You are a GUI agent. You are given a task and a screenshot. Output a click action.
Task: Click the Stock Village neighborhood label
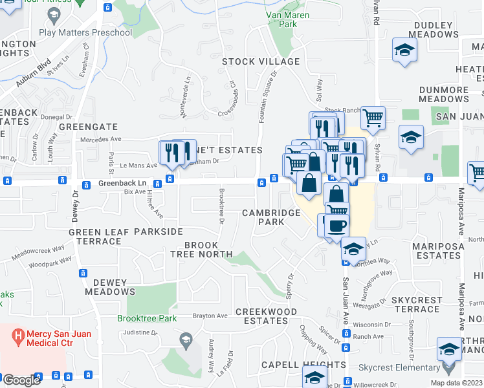pos(261,61)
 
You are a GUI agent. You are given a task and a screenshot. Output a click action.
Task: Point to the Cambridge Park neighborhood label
pos(272,217)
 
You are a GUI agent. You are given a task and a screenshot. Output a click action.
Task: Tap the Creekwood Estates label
pos(266,316)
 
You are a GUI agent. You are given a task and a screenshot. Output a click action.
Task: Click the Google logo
pos(21,380)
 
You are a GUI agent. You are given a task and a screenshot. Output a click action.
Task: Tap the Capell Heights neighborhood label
pos(303,365)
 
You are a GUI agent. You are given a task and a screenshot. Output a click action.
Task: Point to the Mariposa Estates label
pos(438,251)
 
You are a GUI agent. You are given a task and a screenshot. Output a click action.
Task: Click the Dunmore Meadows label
pos(444,94)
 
